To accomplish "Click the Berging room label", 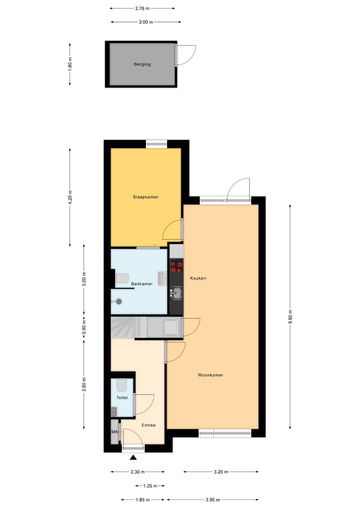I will tap(142, 64).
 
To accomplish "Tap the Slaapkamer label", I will tap(145, 197).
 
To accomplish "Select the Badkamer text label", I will tap(141, 284).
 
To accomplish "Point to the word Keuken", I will tap(198, 278).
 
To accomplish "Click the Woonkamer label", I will tap(210, 375).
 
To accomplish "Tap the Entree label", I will tap(148, 426).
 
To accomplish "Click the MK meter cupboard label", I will tap(114, 432).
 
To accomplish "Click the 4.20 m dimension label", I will tap(70, 197).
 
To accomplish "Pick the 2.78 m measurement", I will tap(142, 8).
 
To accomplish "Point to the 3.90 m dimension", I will tap(212, 499).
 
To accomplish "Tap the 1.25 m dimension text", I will tap(149, 486).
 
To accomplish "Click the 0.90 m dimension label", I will tap(84, 326).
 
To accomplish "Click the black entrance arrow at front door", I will tap(133, 457).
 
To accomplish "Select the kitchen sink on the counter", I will tap(176, 293).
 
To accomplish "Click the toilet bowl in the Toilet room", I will tap(121, 386).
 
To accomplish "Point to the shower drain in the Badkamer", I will tap(119, 301).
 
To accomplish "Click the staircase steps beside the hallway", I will tap(122, 328).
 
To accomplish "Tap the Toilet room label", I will tap(122, 398).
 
